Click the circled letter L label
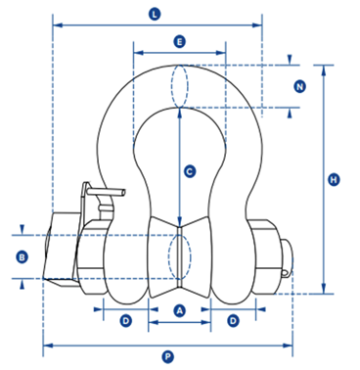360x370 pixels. point(155,15)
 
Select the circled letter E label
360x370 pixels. point(179,42)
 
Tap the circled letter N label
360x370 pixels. point(299,87)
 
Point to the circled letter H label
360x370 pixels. point(334,179)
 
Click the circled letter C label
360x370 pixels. point(190,171)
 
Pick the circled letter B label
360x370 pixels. point(22,257)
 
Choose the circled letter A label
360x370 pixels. point(179,310)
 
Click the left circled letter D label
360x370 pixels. point(126,321)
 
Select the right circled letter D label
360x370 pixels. point(233,321)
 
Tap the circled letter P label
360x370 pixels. point(167,357)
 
